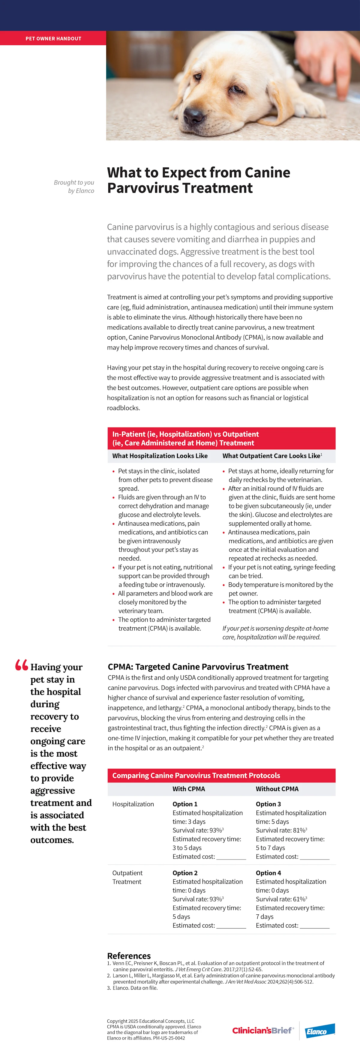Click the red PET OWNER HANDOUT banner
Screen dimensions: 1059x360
(x=53, y=38)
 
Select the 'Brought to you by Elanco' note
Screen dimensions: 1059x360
(x=74, y=186)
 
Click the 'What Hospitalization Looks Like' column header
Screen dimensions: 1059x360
(x=160, y=455)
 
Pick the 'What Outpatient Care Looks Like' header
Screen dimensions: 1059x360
(x=271, y=455)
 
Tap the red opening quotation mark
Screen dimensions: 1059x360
(x=21, y=665)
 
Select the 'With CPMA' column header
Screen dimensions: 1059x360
(x=189, y=788)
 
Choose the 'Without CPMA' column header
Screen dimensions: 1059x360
(x=277, y=788)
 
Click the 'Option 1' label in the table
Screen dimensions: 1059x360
(x=185, y=804)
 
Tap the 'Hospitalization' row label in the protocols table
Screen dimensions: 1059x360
(x=133, y=804)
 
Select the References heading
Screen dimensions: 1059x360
(x=129, y=956)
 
